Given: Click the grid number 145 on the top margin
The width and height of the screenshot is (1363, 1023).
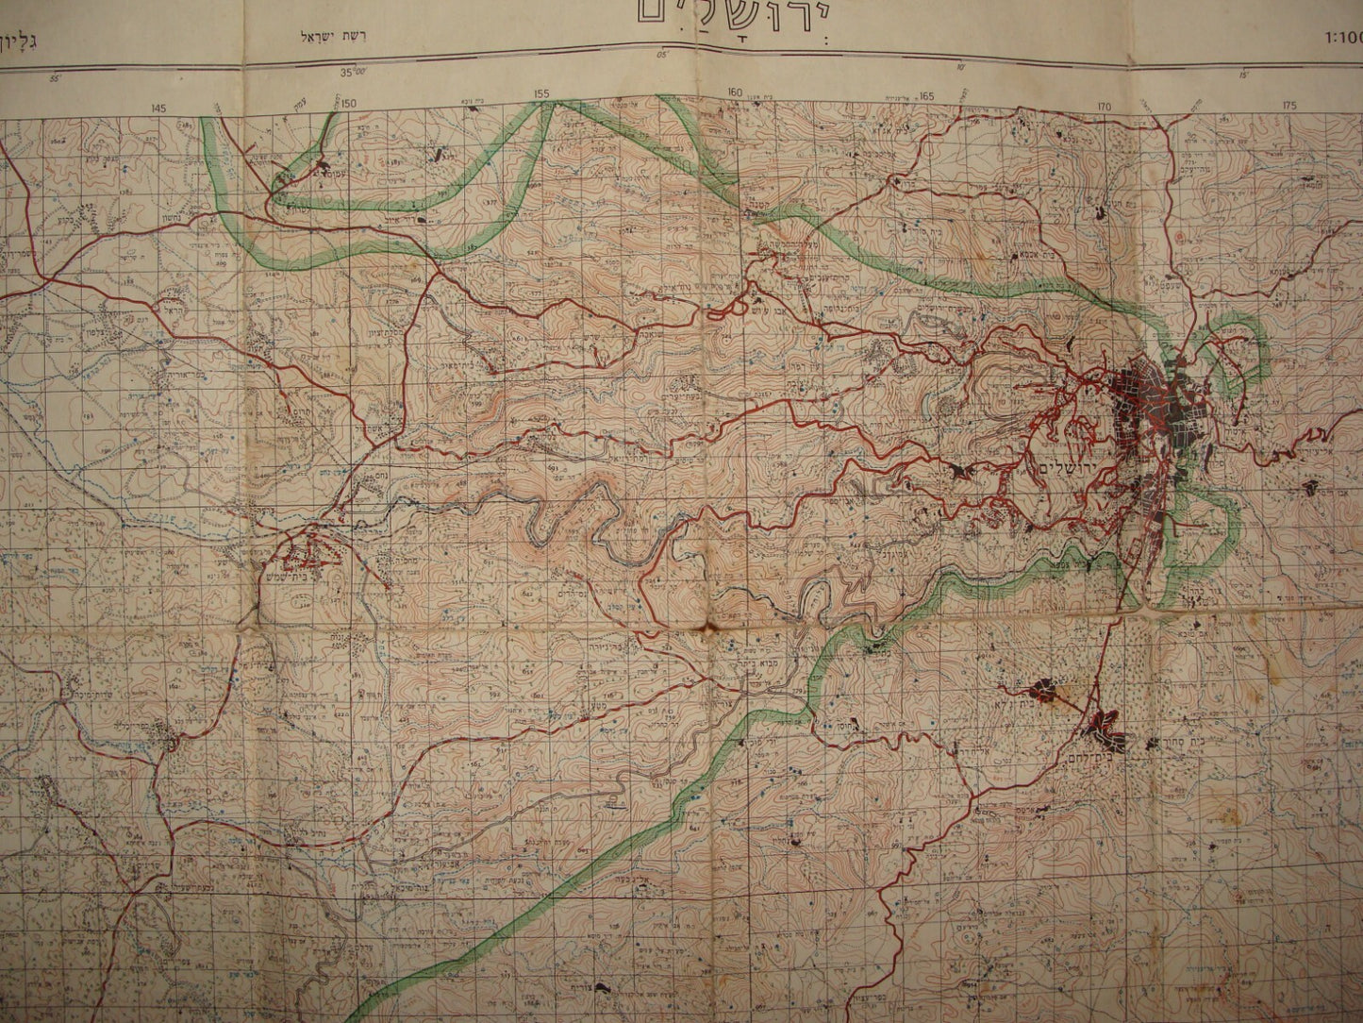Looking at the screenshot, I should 156,109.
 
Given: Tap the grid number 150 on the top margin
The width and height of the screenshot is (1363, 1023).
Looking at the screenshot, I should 349,102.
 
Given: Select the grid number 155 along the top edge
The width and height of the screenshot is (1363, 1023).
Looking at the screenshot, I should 540,94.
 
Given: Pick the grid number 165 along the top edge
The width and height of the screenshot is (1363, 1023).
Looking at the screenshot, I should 926,94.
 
